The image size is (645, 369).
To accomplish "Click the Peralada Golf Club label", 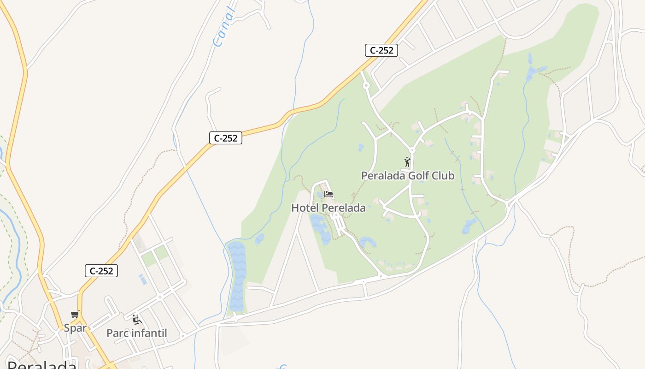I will click(407, 176).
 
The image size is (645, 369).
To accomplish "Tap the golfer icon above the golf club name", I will click(407, 162).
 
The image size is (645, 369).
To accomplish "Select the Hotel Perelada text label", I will click(328, 208).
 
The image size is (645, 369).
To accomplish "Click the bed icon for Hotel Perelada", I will click(328, 194).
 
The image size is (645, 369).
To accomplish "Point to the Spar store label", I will click(75, 328).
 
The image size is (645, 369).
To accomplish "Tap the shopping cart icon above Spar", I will click(75, 315).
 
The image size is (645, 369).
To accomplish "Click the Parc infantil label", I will click(136, 333).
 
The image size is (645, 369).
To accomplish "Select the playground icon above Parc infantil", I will click(136, 319).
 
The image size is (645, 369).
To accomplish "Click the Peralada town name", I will click(41, 364).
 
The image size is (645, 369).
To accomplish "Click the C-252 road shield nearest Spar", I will click(101, 271).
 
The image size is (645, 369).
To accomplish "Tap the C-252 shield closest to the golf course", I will click(381, 50).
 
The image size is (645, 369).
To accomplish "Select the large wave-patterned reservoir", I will click(237, 277).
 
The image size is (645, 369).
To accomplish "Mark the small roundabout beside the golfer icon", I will click(412, 150).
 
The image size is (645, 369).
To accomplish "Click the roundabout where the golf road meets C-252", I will click(366, 85).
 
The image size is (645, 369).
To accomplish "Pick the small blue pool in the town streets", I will click(143, 280).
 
